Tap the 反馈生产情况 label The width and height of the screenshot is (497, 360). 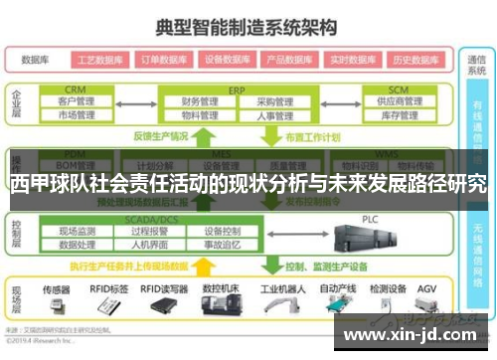(x=159, y=136)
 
